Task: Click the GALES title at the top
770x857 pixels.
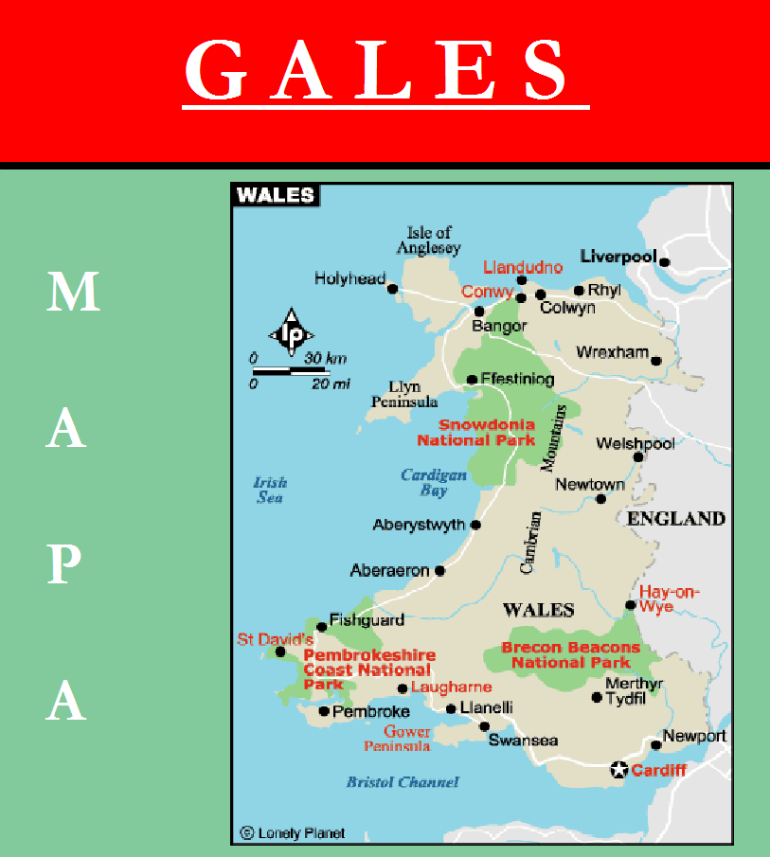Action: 385,71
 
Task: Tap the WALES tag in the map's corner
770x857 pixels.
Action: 275,195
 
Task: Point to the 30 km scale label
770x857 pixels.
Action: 325,358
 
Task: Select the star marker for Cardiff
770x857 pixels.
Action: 618,770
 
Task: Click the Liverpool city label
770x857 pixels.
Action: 618,257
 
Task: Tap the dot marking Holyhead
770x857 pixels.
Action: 392,289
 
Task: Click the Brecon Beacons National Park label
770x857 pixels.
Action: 570,655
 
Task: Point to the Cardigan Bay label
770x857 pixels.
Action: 434,483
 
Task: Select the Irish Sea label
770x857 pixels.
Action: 270,490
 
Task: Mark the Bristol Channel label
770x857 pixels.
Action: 403,782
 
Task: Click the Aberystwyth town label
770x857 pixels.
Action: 419,525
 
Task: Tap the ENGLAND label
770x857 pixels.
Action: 676,519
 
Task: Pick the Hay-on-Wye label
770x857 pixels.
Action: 670,599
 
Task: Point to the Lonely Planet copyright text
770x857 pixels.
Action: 293,833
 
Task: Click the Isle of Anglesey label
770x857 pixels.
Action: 431,241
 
